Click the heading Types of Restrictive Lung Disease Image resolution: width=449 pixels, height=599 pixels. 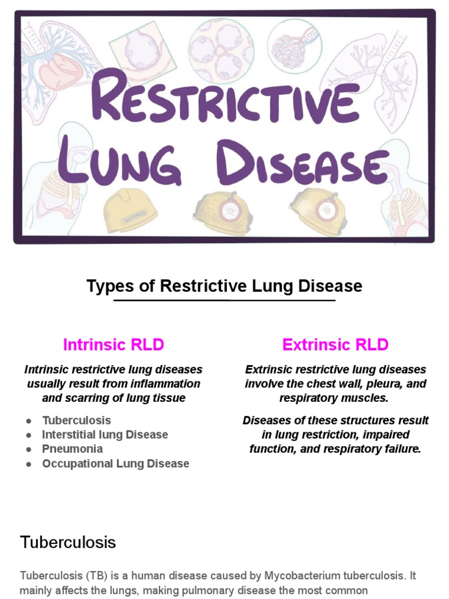coord(224,286)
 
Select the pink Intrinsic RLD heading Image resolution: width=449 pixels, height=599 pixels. coord(113,345)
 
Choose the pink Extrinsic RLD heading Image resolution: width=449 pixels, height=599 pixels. coord(335,345)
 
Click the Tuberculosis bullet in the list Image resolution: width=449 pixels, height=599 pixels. coord(76,420)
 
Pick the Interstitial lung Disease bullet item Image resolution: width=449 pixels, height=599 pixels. coord(105,435)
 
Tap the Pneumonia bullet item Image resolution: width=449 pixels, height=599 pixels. coord(72,449)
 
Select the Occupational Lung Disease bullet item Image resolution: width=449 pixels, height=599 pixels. coord(115,463)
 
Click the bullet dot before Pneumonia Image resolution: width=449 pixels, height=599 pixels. coord(29,449)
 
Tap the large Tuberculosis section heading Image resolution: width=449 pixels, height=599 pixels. coord(68,542)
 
